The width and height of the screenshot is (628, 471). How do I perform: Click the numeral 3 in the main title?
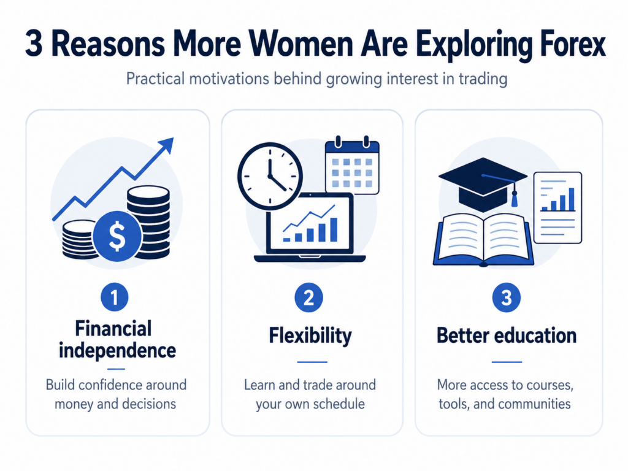click(34, 44)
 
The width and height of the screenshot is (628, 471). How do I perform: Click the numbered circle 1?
click(115, 297)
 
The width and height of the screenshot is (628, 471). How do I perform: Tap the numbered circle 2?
click(308, 297)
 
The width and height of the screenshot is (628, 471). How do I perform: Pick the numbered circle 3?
click(506, 297)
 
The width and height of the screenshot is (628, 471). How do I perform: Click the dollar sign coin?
click(117, 236)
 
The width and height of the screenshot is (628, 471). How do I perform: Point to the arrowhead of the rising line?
click(167, 145)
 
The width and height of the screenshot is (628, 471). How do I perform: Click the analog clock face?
click(270, 176)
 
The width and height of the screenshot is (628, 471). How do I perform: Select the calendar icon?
click(352, 166)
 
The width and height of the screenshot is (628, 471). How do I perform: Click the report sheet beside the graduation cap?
click(557, 207)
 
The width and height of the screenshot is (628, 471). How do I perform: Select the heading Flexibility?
click(310, 335)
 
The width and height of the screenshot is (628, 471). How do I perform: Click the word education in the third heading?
click(535, 335)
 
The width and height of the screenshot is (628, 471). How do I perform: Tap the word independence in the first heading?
click(117, 350)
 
